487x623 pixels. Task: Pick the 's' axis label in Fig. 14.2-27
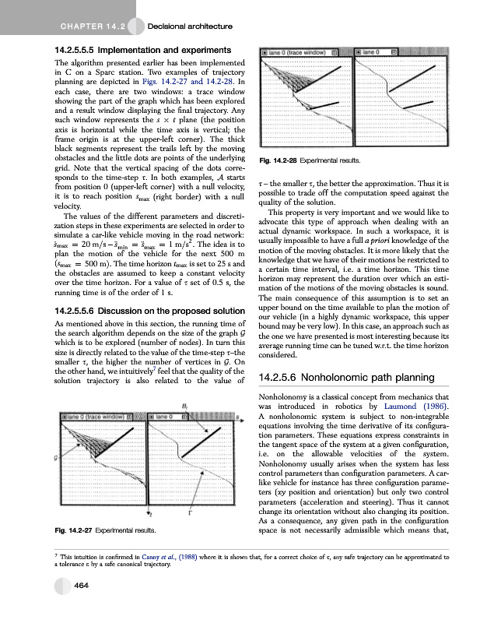pyautogui.click(x=236, y=417)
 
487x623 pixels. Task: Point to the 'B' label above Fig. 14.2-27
pyautogui.click(x=184, y=407)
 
